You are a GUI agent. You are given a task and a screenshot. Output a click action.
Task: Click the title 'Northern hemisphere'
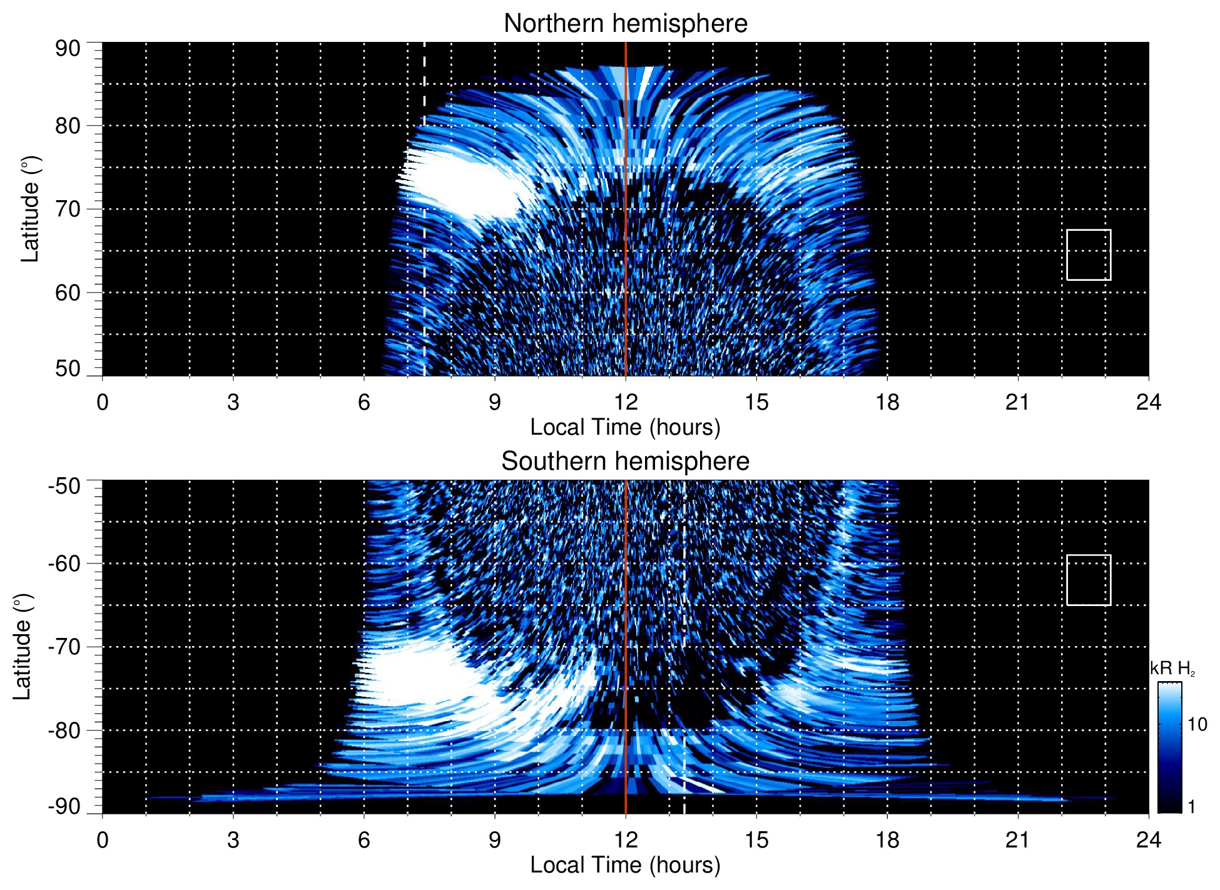pyautogui.click(x=625, y=24)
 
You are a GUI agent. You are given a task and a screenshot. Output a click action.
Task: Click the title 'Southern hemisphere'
pyautogui.click(x=625, y=462)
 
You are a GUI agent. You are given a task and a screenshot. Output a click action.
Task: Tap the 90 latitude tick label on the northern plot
pyautogui.click(x=68, y=49)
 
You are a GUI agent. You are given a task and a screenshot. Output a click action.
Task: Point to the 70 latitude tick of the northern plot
pyautogui.click(x=68, y=210)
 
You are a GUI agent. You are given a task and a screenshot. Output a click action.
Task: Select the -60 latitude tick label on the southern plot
pyautogui.click(x=64, y=564)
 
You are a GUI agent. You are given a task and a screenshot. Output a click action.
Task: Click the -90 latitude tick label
pyautogui.click(x=64, y=807)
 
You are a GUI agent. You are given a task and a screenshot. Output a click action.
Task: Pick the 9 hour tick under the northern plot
pyautogui.click(x=495, y=402)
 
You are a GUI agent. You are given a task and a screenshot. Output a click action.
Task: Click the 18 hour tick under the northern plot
pyautogui.click(x=887, y=402)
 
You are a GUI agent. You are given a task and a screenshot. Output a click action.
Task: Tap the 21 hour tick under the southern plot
pyautogui.click(x=1018, y=840)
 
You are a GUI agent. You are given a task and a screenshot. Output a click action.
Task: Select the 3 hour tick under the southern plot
pyautogui.click(x=233, y=840)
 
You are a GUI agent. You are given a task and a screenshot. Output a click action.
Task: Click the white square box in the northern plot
pyautogui.click(x=1089, y=255)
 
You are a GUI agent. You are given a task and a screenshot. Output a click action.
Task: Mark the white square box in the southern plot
pyautogui.click(x=1089, y=580)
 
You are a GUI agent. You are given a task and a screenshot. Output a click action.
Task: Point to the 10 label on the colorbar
pyautogui.click(x=1197, y=725)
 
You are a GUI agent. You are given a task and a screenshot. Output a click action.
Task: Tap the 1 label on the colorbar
pyautogui.click(x=1191, y=807)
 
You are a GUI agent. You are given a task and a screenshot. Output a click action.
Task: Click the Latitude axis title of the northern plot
pyautogui.click(x=30, y=210)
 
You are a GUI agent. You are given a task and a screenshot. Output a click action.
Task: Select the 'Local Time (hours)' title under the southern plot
pyautogui.click(x=625, y=865)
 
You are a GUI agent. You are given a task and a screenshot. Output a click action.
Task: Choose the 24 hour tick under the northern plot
pyautogui.click(x=1148, y=402)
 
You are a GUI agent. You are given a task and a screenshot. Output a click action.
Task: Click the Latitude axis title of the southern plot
pyautogui.click(x=23, y=647)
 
